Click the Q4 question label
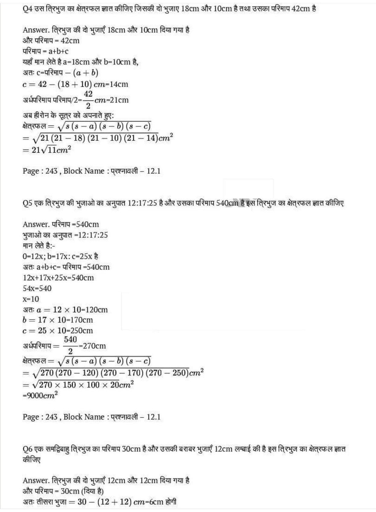click(x=27, y=9)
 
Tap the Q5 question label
click(x=27, y=203)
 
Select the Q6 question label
click(x=27, y=449)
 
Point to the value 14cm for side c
click(x=119, y=84)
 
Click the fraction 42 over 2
click(x=88, y=100)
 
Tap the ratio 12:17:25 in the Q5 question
click(x=142, y=203)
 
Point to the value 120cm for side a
click(x=97, y=310)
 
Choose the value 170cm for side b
click(x=82, y=320)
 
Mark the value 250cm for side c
click(x=82, y=330)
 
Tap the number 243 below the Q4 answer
click(x=51, y=171)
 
